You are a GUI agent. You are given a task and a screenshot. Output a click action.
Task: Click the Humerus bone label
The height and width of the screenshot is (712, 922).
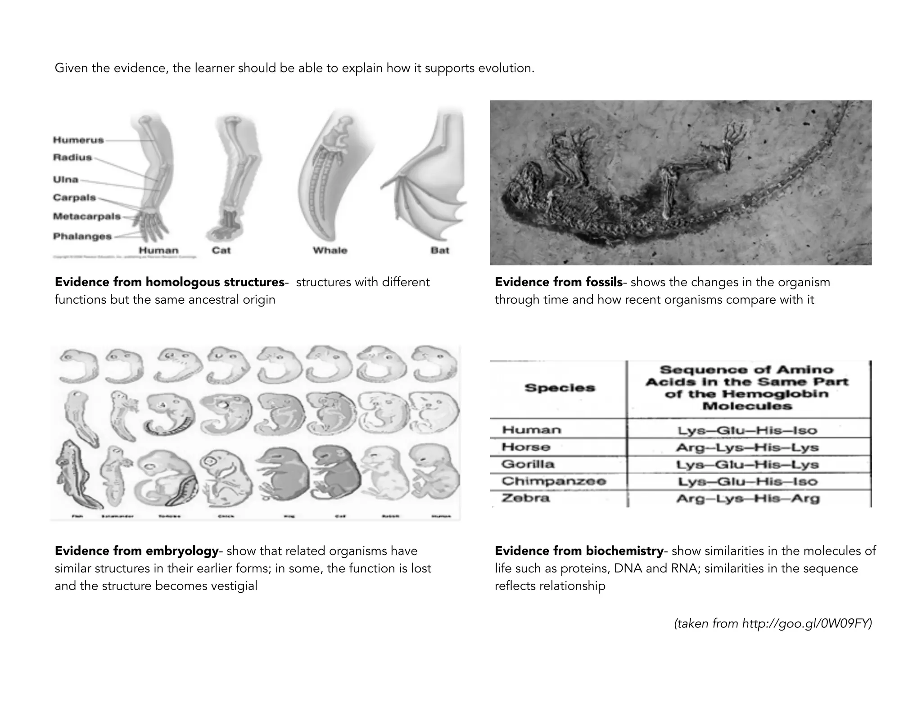[78, 140]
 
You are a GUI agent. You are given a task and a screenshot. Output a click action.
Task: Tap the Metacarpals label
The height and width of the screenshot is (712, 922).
[87, 216]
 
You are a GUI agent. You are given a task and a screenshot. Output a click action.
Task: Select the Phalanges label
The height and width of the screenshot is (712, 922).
[82, 236]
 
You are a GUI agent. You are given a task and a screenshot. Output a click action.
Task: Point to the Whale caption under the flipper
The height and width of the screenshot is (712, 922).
[330, 250]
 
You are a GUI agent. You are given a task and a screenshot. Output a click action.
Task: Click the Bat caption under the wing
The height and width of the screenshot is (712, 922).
[440, 250]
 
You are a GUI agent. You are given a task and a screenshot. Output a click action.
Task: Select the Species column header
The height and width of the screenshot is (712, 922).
[559, 388]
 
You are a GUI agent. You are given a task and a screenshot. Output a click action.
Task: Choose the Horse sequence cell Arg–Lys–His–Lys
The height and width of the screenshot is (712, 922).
[747, 447]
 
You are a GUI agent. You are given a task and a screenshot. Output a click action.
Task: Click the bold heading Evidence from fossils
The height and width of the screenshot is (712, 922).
[558, 282]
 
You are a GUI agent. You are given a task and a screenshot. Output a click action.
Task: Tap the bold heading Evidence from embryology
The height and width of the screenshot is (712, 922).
[136, 551]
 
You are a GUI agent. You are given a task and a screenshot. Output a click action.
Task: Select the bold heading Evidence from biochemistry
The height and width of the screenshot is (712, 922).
[579, 551]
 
